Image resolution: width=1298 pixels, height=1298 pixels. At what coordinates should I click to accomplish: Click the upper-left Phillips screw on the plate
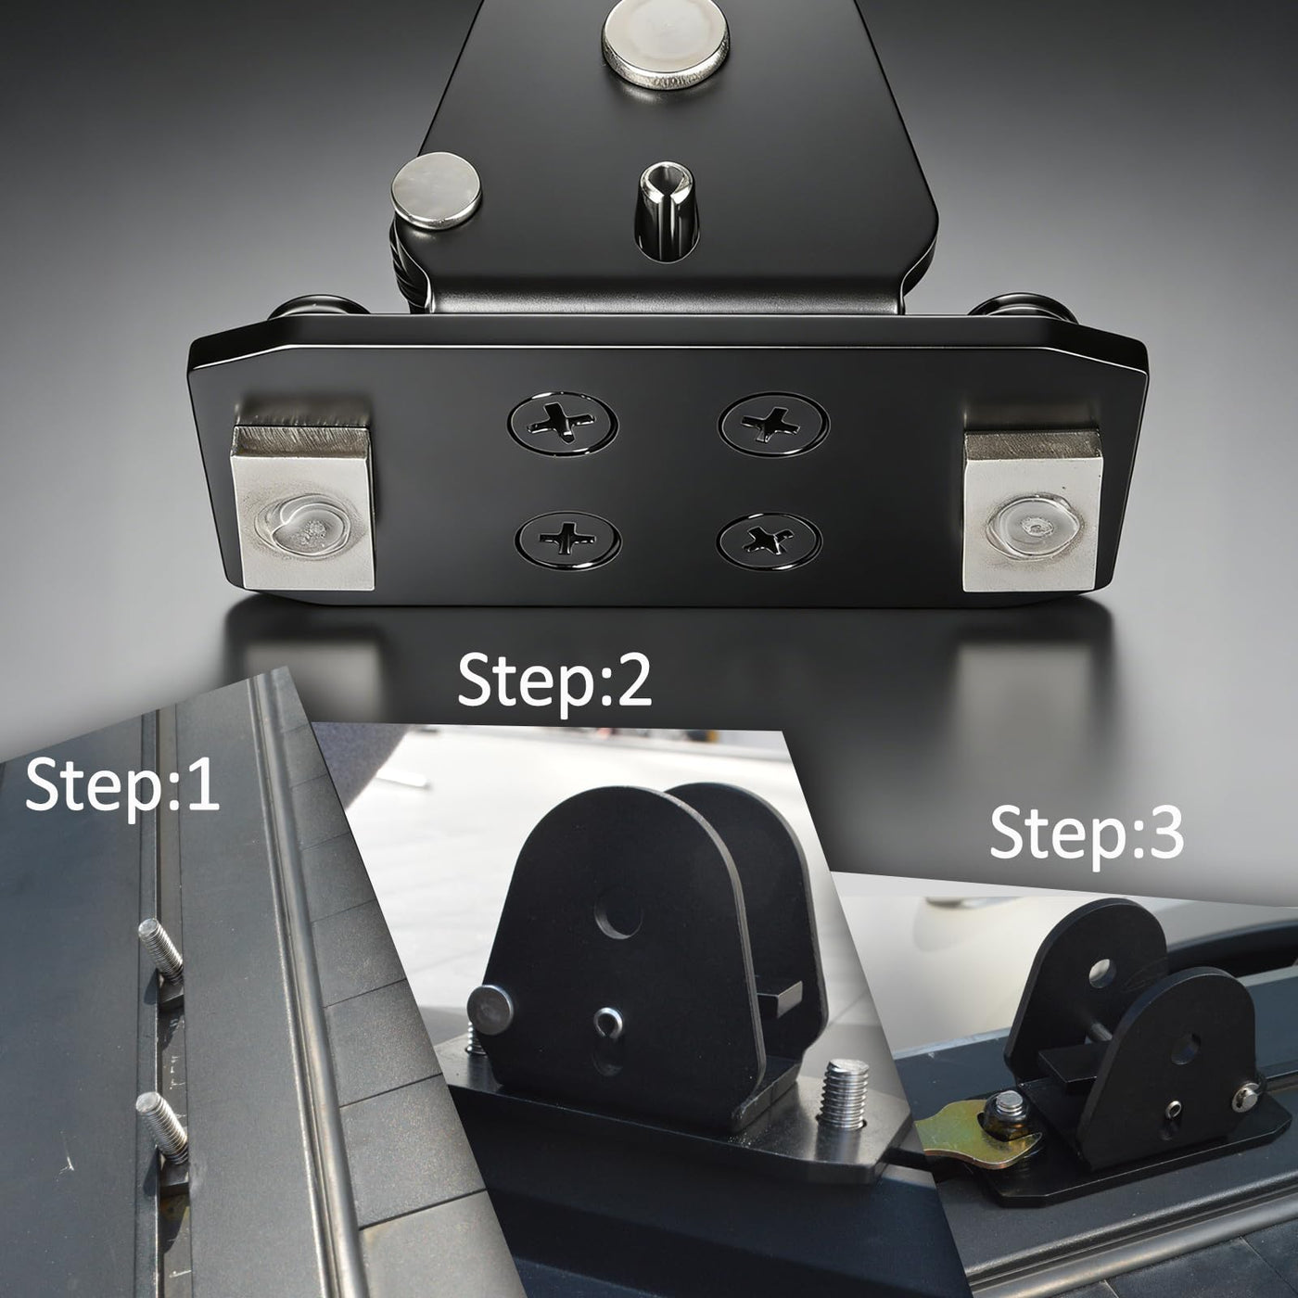[563, 423]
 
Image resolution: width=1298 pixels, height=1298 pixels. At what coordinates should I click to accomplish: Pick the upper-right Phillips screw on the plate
[774, 423]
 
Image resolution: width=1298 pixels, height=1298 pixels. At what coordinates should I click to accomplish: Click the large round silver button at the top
[665, 44]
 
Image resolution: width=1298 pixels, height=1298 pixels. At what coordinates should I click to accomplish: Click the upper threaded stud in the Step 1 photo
[159, 950]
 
